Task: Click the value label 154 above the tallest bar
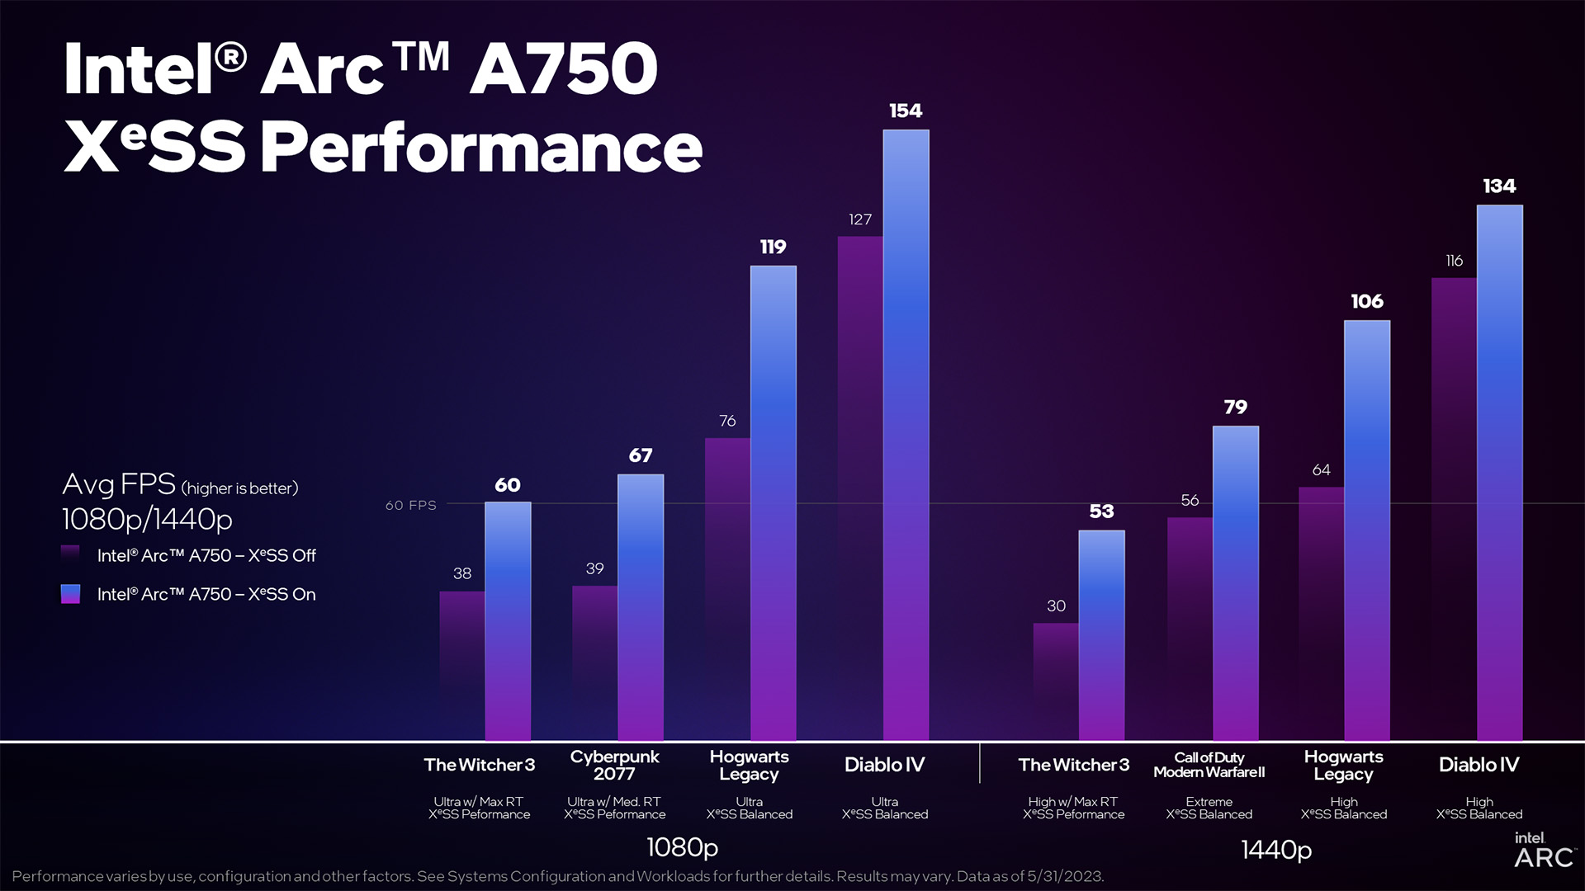pyautogui.click(x=906, y=111)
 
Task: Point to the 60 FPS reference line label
pyautogui.click(x=410, y=505)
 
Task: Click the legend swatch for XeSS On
pyautogui.click(x=70, y=594)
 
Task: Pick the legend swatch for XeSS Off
pyautogui.click(x=70, y=555)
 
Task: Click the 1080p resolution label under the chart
pyautogui.click(x=682, y=847)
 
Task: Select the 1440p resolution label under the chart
pyautogui.click(x=1276, y=849)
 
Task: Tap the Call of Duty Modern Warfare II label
pyautogui.click(x=1209, y=765)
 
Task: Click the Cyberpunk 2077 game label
pyautogui.click(x=615, y=765)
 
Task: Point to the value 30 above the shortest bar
pyautogui.click(x=1056, y=606)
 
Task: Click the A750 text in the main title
pyautogui.click(x=564, y=69)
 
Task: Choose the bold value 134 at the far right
pyautogui.click(x=1499, y=186)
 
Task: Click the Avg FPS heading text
pyautogui.click(x=119, y=484)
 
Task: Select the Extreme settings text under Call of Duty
pyautogui.click(x=1209, y=802)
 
